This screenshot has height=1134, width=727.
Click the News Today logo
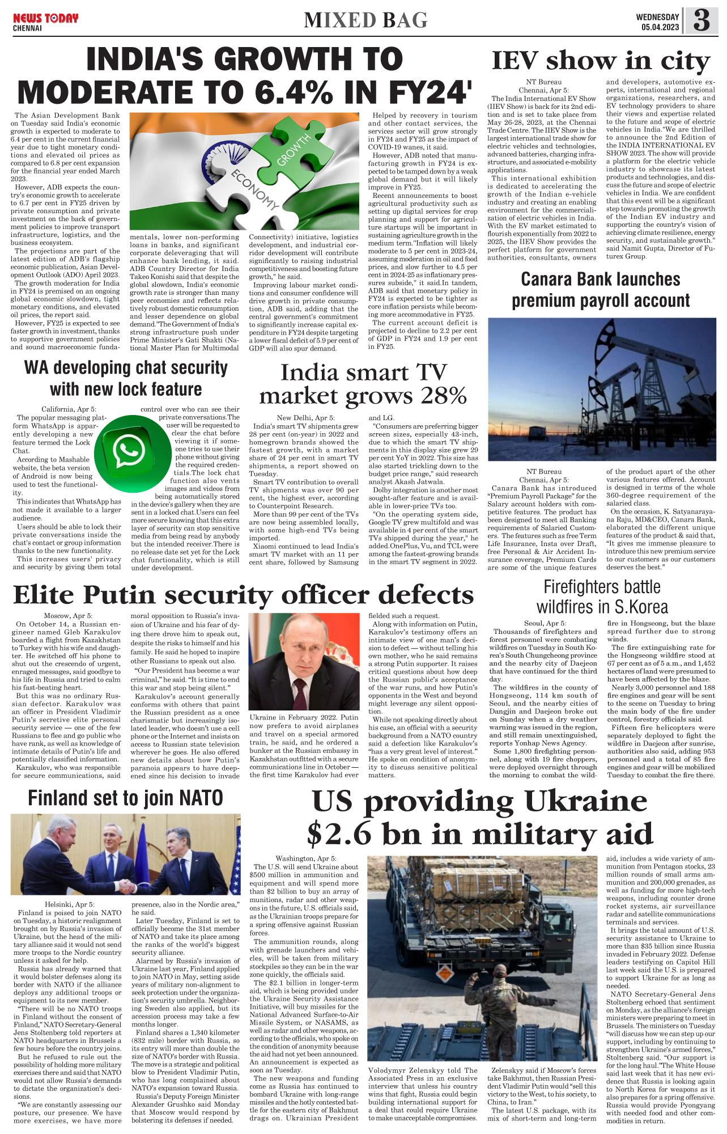coord(45,19)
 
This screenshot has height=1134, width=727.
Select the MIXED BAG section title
coord(365,20)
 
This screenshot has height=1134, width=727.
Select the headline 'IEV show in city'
coord(601,61)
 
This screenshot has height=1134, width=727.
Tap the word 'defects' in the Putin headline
coord(426,595)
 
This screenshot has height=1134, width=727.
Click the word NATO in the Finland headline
coord(201,798)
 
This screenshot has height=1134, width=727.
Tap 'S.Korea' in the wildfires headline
coord(642,607)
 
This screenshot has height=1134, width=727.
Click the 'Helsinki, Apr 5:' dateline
coord(70,904)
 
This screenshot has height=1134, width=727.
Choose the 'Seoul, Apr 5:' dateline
coord(545,623)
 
